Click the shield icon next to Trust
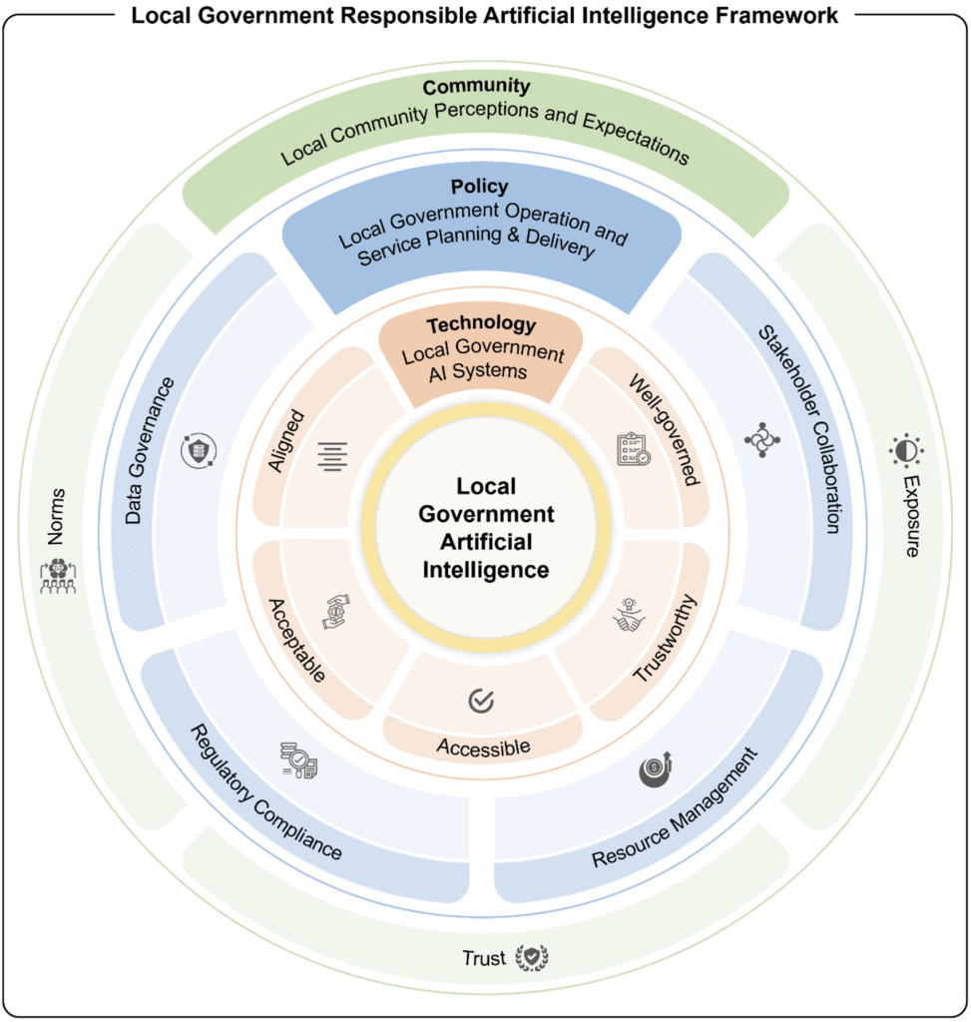(532, 957)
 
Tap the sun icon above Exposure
(906, 450)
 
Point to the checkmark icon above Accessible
(482, 701)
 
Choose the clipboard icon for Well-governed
(633, 449)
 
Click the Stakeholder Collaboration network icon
(762, 440)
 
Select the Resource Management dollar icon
(656, 771)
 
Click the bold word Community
(476, 87)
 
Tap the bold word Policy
(479, 187)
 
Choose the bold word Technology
(481, 324)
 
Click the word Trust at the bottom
(484, 958)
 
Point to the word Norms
(56, 515)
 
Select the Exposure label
(910, 515)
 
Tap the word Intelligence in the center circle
(486, 570)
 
